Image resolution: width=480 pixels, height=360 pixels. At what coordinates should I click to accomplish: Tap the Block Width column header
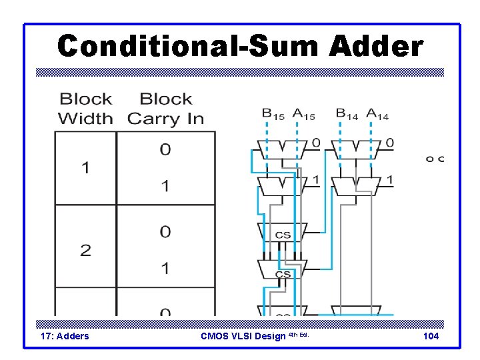point(85,109)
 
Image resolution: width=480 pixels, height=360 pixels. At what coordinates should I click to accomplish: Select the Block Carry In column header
point(165,109)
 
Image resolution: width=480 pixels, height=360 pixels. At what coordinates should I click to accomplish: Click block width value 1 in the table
point(85,167)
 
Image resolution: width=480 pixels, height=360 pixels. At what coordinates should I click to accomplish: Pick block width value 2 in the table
point(85,250)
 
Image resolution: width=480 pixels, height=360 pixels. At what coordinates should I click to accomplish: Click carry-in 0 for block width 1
point(165,149)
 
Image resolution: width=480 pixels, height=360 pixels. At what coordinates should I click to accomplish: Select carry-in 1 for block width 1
point(165,186)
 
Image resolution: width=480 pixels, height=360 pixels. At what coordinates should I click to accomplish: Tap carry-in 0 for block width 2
point(165,232)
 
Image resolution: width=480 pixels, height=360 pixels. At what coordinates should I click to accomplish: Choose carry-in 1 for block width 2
point(165,269)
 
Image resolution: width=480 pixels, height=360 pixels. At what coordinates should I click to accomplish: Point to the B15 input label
point(273,115)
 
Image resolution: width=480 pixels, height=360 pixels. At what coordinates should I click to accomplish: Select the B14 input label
point(347,115)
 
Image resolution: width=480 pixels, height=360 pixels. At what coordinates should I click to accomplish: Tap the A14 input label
point(377,115)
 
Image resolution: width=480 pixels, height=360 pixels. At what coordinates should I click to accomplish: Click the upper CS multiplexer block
point(283,233)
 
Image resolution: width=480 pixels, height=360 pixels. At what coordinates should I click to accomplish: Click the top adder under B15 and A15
point(283,149)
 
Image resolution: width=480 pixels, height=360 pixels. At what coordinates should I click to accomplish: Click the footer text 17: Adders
point(65,336)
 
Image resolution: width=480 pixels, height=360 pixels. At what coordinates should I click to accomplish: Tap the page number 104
point(431,336)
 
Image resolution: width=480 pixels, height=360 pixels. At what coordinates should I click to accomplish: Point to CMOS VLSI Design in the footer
point(244,336)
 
